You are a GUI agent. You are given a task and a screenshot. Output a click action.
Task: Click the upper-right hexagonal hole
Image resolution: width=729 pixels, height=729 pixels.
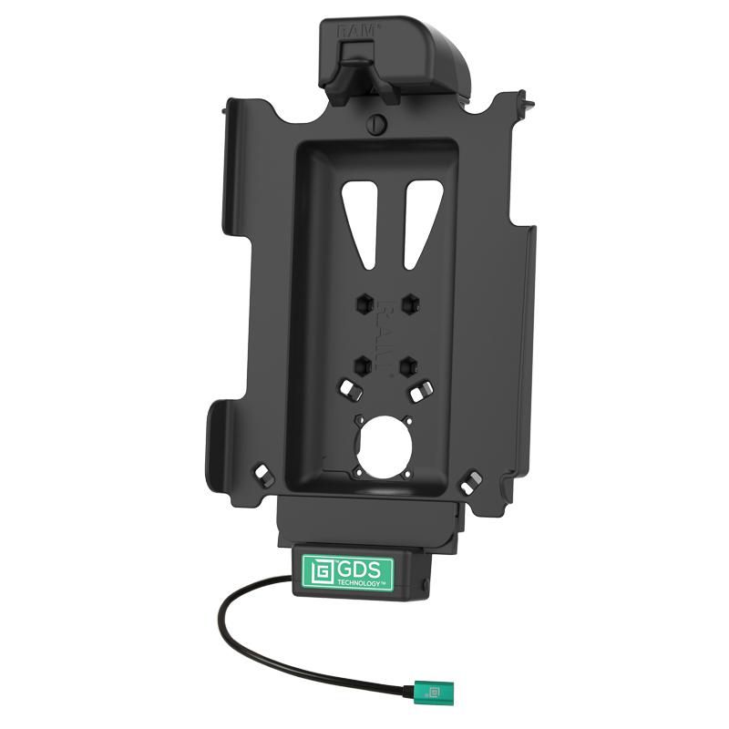pyautogui.click(x=410, y=301)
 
